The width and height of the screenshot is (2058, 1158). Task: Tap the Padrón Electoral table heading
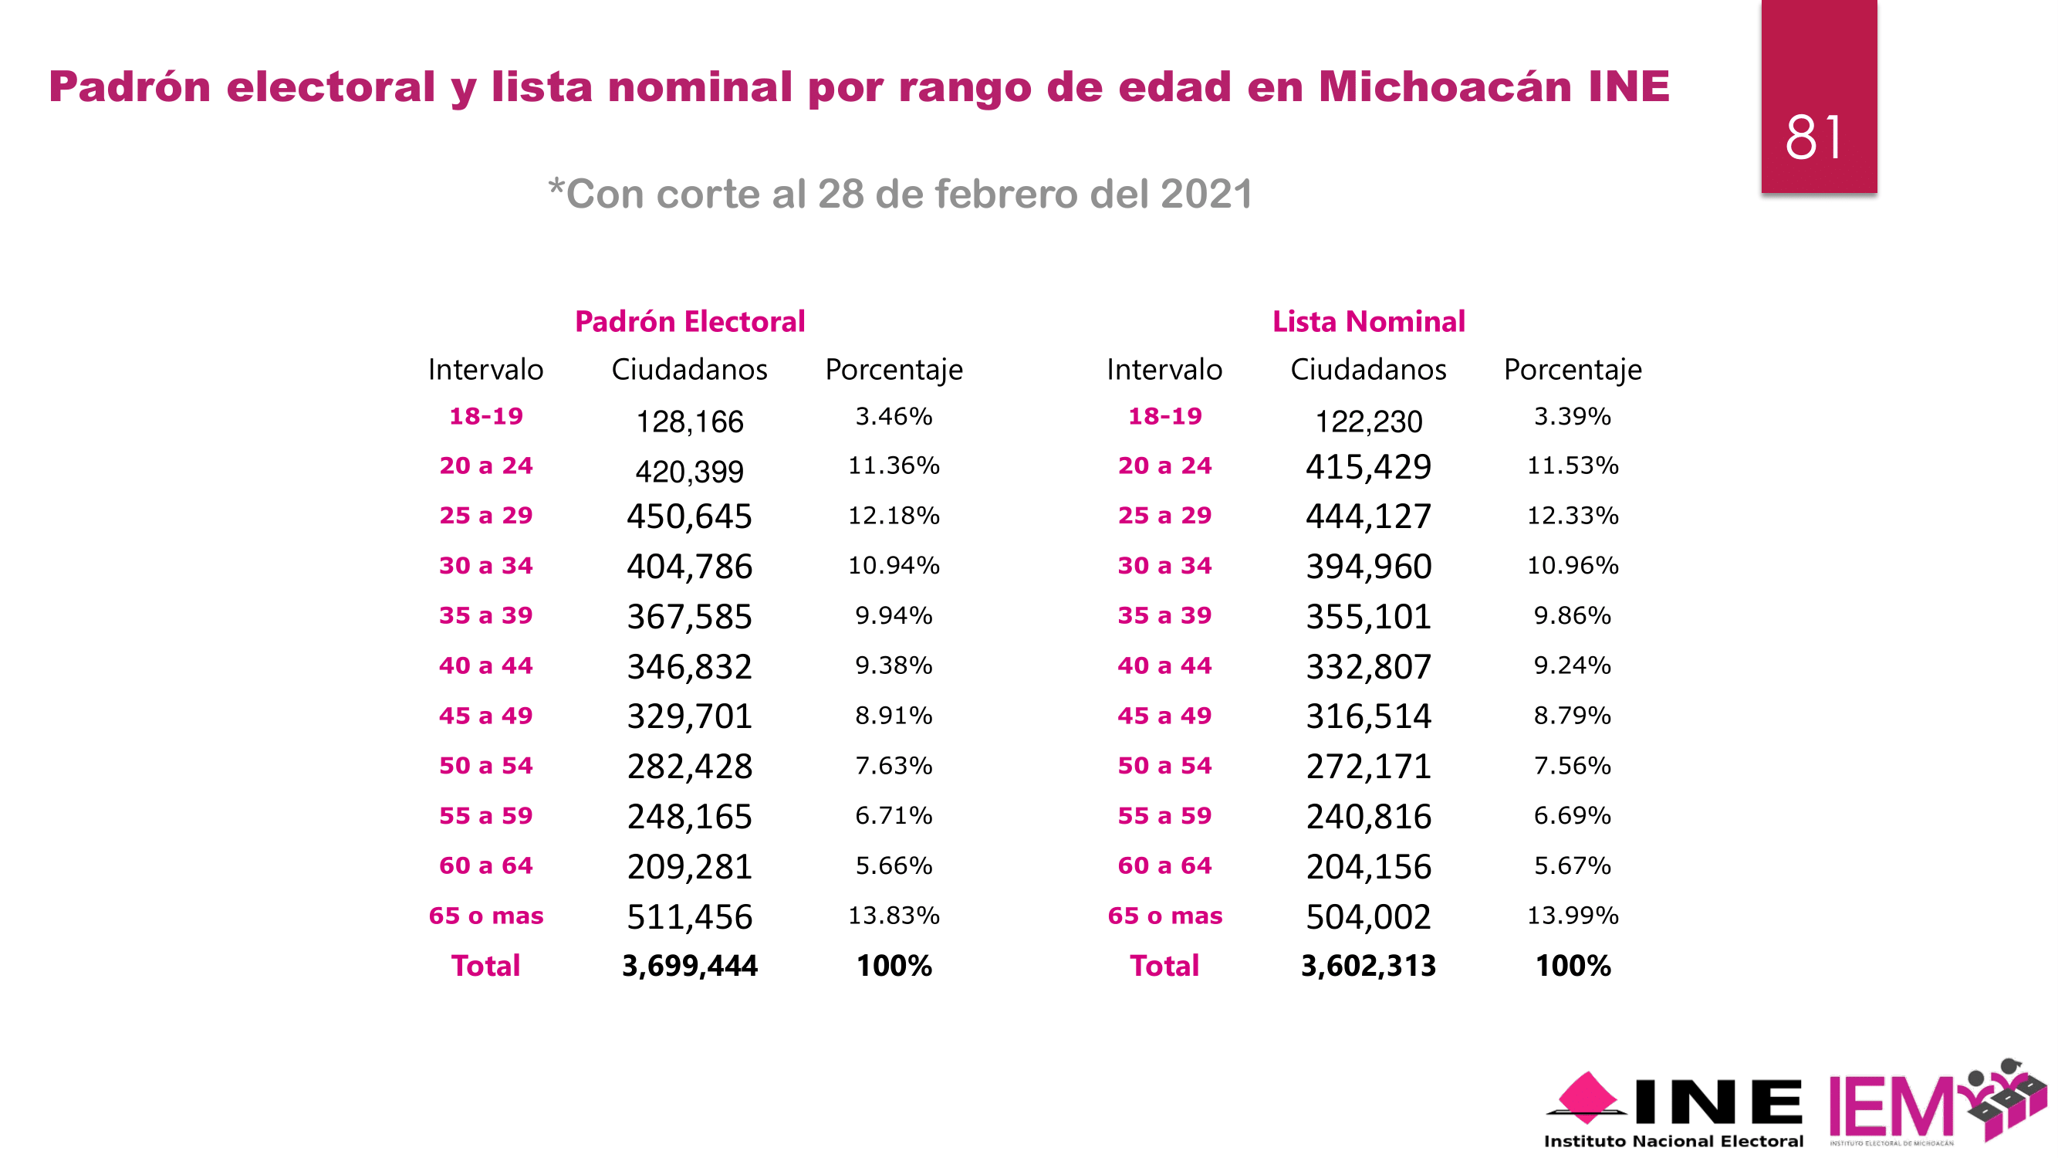pos(689,321)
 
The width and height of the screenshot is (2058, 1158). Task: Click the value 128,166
pos(689,422)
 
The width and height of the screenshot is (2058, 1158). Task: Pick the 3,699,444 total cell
pos(689,966)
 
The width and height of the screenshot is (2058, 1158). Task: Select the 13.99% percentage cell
pos(1573,915)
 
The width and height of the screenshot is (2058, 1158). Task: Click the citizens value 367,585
pos(689,616)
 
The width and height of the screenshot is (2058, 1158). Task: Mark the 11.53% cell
pos(1573,465)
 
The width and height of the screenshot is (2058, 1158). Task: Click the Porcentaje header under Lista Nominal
pos(1573,369)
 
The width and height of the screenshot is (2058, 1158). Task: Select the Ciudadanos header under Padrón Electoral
pos(689,369)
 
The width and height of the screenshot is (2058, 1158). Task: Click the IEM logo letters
pos(1891,1107)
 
